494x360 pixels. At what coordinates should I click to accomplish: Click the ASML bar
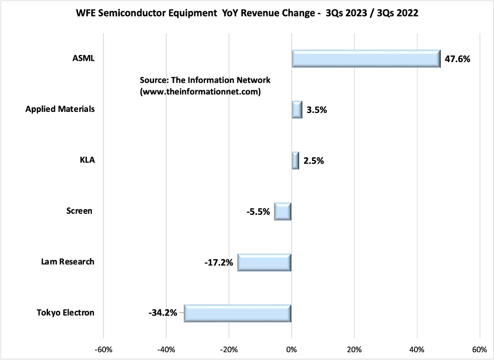(366, 59)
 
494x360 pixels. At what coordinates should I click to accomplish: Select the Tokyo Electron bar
(237, 313)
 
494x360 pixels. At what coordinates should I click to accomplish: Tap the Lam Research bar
(264, 262)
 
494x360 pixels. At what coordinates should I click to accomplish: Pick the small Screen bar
(283, 211)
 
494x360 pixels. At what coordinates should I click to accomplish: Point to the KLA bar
(295, 160)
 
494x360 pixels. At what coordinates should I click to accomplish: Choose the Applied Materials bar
(297, 110)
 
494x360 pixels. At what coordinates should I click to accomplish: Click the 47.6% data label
(457, 59)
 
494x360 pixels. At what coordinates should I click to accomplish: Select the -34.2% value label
(162, 313)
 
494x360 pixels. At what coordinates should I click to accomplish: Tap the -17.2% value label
(218, 262)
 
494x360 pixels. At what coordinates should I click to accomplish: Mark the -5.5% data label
(258, 212)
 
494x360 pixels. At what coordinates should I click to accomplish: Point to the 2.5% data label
(313, 160)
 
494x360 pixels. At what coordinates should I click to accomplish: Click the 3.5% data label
(317, 110)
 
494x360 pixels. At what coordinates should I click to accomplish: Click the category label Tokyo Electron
(65, 312)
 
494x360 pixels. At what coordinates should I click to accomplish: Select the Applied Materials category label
(60, 109)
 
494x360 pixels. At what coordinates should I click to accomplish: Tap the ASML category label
(83, 59)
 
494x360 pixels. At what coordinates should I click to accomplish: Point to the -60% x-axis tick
(103, 349)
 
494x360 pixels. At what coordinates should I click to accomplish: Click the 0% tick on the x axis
(291, 349)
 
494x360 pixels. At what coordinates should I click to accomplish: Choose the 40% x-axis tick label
(417, 349)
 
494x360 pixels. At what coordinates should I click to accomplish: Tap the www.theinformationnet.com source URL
(201, 91)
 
